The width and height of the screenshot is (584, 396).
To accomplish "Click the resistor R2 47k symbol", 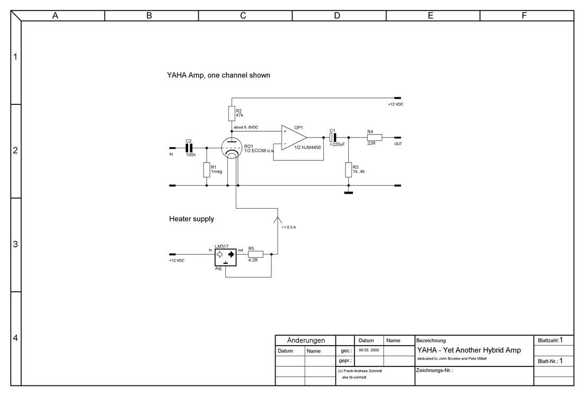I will tap(232, 113).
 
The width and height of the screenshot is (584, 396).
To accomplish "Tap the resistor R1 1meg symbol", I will tap(206, 170).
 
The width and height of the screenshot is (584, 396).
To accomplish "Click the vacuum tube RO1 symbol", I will tap(232, 149).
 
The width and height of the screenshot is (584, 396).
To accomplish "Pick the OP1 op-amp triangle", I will tap(293, 138).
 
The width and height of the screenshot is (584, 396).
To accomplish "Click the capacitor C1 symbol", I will tap(333, 138).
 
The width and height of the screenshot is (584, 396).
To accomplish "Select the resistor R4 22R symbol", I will tap(374, 138).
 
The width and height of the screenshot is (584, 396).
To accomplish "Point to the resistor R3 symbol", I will tap(348, 170).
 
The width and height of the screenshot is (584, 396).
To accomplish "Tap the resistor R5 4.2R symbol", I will tap(255, 254).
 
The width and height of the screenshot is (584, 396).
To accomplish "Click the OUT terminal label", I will tap(398, 143).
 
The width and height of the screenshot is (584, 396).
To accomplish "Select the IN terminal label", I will tap(171, 154).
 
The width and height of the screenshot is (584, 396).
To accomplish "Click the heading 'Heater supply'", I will tap(191, 219).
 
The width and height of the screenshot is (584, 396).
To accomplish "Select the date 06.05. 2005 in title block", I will tap(369, 350).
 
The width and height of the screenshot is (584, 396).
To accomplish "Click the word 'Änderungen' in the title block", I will tap(305, 340).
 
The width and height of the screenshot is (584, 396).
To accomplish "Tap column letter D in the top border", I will tap(337, 16).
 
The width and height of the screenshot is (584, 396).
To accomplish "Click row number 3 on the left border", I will tap(15, 245).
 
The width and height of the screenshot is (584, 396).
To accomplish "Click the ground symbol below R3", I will tap(348, 193).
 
